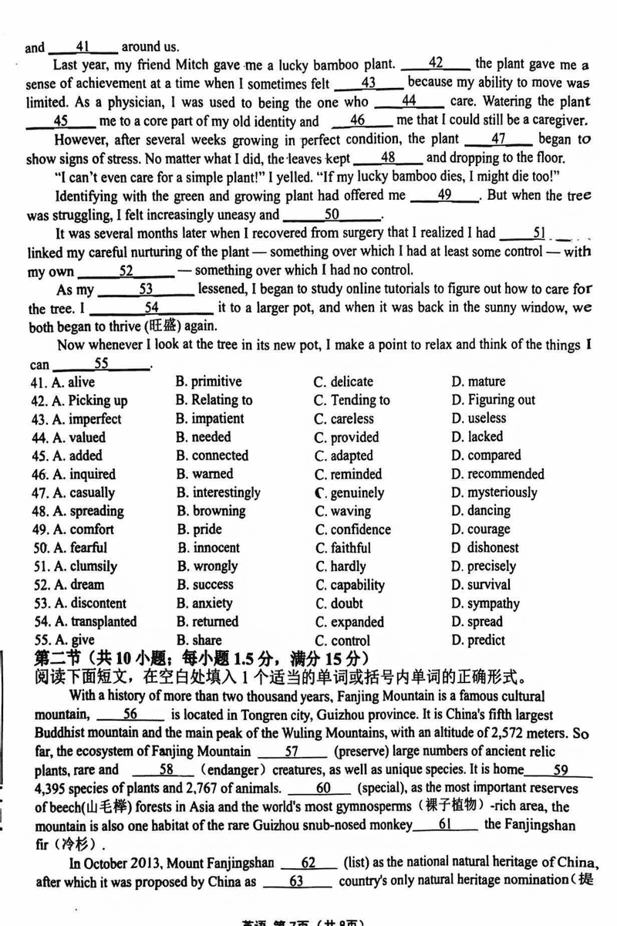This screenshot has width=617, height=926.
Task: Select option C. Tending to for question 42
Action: pyautogui.click(x=352, y=400)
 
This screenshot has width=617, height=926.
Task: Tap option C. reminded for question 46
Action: pyautogui.click(x=348, y=474)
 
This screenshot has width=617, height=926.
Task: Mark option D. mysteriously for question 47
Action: pyautogui.click(x=494, y=492)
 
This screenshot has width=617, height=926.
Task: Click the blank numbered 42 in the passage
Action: pyautogui.click(x=436, y=64)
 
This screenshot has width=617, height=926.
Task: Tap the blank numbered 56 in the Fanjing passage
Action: pyautogui.click(x=130, y=715)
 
